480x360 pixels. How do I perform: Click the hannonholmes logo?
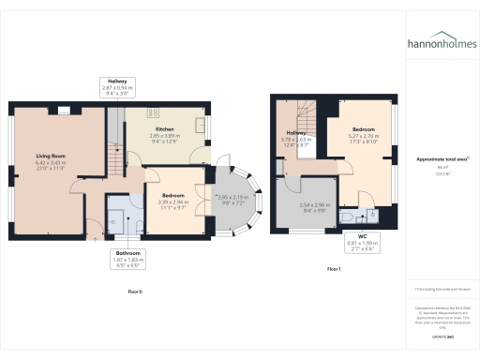(x=442, y=42)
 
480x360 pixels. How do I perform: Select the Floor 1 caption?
(x=334, y=269)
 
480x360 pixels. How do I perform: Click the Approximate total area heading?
(x=442, y=158)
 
